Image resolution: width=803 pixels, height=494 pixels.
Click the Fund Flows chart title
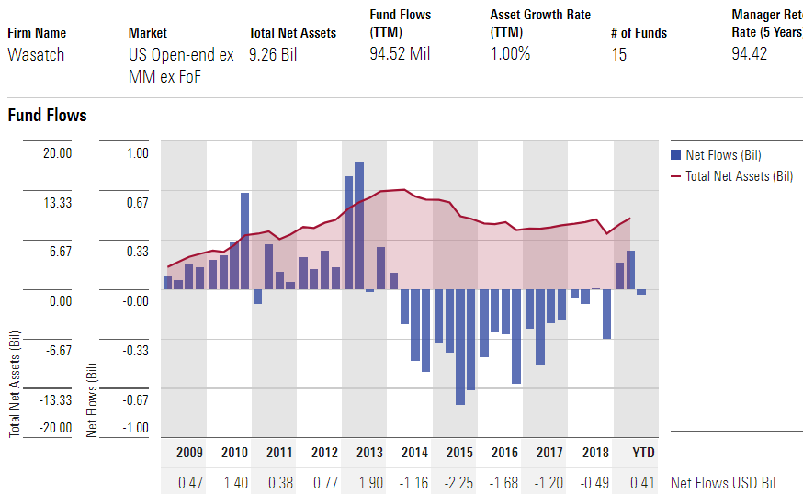[x=47, y=116]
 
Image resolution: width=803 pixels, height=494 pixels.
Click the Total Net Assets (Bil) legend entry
[x=739, y=175]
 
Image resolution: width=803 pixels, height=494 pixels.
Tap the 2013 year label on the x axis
[x=369, y=453]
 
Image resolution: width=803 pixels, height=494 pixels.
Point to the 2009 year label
[x=188, y=453]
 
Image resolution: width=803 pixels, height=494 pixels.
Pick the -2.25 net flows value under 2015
[x=459, y=482]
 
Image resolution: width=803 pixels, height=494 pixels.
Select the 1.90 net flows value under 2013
[x=369, y=482]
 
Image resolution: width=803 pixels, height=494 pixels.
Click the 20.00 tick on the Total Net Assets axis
[x=57, y=153]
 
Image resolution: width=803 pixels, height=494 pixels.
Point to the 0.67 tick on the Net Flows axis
[x=137, y=202]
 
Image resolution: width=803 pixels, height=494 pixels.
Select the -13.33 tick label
[x=54, y=399]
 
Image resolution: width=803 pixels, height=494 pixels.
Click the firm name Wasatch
[x=37, y=53]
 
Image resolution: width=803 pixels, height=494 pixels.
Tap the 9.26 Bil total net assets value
[x=273, y=53]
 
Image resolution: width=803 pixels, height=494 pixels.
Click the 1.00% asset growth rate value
[x=510, y=53]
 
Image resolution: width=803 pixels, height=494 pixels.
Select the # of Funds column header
[x=639, y=33]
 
